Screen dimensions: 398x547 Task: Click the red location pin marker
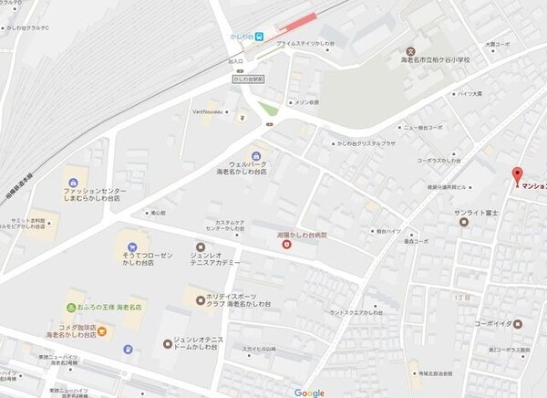(x=518, y=174)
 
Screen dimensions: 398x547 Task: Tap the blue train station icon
(x=260, y=37)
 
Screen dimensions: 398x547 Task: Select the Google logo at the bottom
(x=309, y=392)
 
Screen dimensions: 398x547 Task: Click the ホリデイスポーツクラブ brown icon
(x=201, y=297)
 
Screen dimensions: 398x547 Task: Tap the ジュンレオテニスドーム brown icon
(x=166, y=344)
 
